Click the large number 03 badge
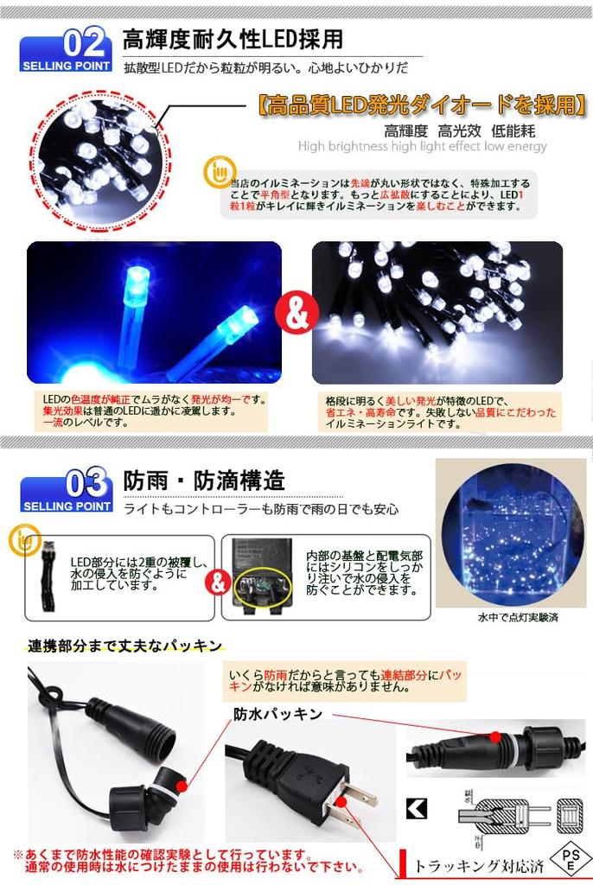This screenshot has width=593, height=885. tap(86, 481)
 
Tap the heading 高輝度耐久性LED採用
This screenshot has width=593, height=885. tap(232, 39)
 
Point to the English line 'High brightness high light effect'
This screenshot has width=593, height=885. tap(422, 147)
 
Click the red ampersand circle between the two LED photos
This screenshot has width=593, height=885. tap(296, 314)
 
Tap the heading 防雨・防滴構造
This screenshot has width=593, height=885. tap(204, 480)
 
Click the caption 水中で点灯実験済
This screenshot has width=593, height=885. tap(511, 618)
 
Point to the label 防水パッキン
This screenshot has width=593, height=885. tap(277, 714)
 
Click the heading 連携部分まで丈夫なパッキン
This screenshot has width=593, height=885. tap(124, 646)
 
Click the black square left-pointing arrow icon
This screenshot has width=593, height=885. tap(417, 810)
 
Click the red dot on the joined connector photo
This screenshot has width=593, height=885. tap(494, 736)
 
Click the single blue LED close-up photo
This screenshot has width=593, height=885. tap(154, 313)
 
